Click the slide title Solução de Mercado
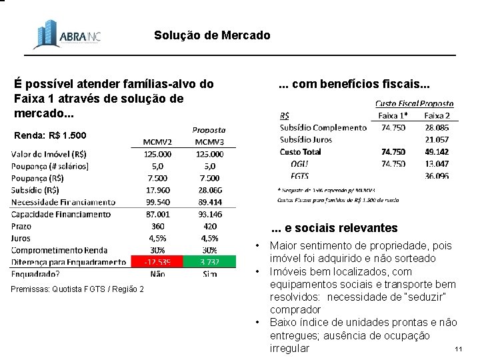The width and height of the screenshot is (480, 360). click(212, 35)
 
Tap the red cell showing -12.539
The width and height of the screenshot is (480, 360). click(157, 261)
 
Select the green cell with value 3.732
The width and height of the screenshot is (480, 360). click(209, 261)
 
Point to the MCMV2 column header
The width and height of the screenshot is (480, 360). click(157, 141)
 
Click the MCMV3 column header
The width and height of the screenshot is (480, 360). click(209, 141)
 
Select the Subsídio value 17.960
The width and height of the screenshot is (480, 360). click(157, 190)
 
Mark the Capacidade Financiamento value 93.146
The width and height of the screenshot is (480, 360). click(209, 214)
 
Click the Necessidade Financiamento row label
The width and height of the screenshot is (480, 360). click(63, 202)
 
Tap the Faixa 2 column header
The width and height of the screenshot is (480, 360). click(437, 115)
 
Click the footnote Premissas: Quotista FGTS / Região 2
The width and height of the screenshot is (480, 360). click(78, 288)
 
